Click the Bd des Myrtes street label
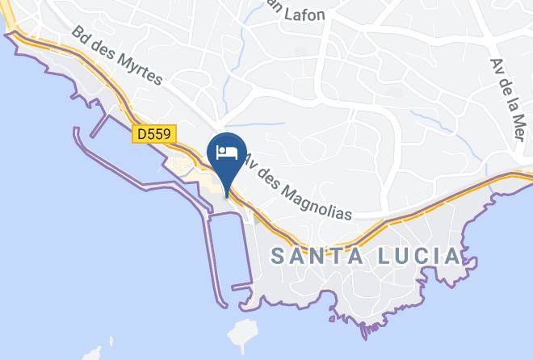pos(116,56)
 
